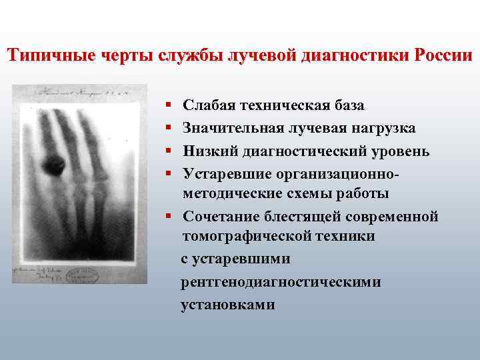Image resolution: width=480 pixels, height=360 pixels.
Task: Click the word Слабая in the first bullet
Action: coord(207,105)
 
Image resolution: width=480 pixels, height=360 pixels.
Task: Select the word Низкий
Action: coord(208,151)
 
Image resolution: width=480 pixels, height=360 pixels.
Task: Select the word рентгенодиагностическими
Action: coord(281,282)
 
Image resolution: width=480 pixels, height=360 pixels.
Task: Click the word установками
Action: coord(227,305)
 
